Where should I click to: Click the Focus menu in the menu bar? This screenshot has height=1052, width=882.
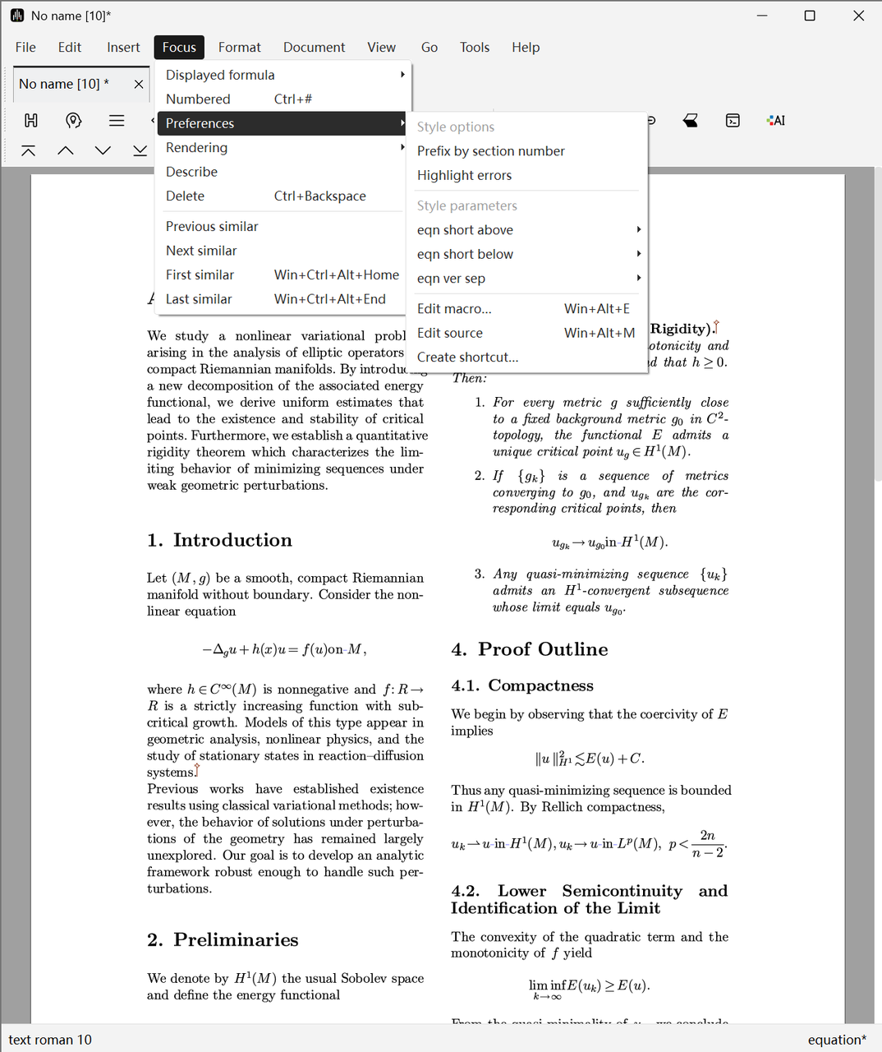tap(179, 47)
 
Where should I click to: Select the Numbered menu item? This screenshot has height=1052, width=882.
tap(198, 99)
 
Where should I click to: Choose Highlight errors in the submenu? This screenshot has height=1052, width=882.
tap(464, 175)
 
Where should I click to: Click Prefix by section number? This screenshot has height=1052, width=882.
tap(490, 151)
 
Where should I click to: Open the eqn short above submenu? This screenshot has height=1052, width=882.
tap(465, 230)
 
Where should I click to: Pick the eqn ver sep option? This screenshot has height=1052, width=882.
tap(451, 279)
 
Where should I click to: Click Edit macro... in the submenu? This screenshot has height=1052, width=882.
tap(454, 309)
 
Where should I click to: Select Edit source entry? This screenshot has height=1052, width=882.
tap(450, 333)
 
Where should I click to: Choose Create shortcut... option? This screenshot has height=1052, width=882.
tap(467, 358)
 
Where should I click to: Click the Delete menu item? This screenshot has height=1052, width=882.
tap(185, 196)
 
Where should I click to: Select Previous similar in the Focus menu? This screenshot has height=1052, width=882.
tap(212, 226)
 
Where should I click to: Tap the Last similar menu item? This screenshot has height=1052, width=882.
tap(199, 299)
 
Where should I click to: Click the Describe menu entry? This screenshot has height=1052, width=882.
tap(191, 172)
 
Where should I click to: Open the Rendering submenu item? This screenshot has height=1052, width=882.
tap(196, 148)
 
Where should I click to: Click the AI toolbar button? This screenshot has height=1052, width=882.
tap(775, 121)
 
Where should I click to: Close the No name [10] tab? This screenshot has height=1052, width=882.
tap(139, 84)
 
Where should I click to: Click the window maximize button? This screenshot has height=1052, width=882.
tap(810, 16)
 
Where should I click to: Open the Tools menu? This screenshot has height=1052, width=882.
tap(475, 47)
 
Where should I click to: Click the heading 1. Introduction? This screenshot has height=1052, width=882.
tap(220, 540)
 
